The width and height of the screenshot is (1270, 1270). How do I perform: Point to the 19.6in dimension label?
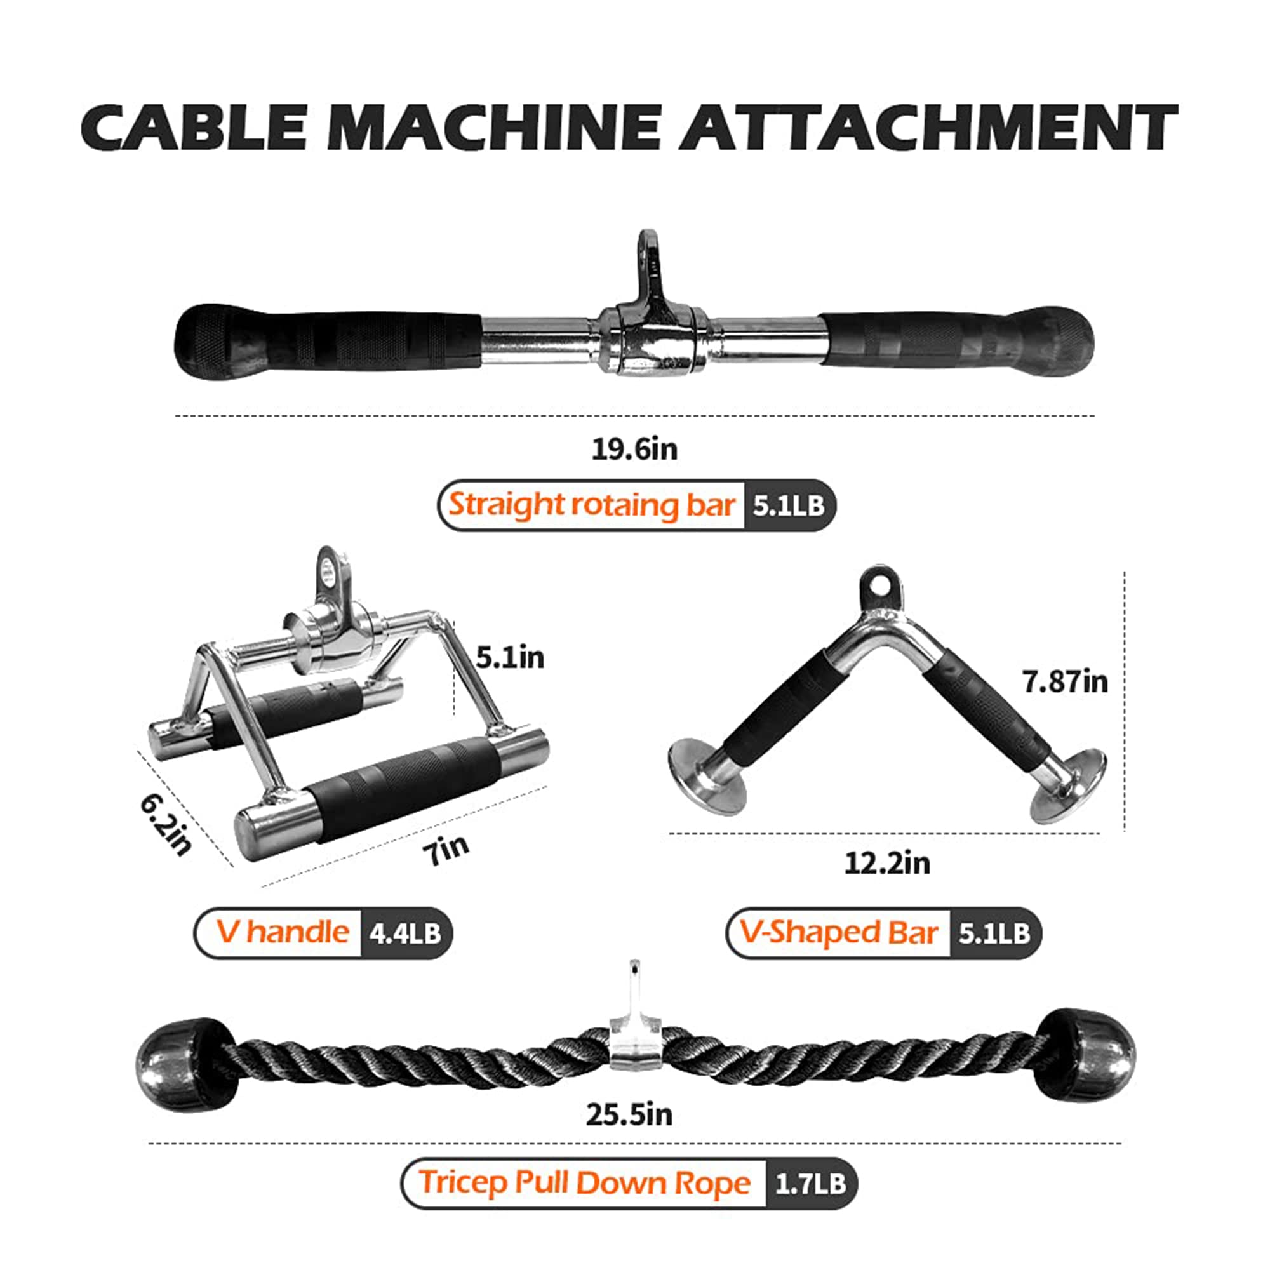tap(634, 449)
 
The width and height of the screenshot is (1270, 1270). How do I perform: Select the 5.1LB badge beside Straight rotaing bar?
tap(789, 505)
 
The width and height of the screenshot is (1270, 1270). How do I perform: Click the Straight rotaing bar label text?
tap(591, 505)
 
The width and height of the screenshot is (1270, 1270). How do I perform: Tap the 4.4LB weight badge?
tap(405, 933)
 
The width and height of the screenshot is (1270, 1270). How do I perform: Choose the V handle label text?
tap(283, 932)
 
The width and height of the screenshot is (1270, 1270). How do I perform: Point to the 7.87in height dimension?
tap(1065, 681)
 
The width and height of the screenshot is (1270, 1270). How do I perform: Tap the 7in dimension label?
tap(446, 850)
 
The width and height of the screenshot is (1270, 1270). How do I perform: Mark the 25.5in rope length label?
tap(629, 1114)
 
